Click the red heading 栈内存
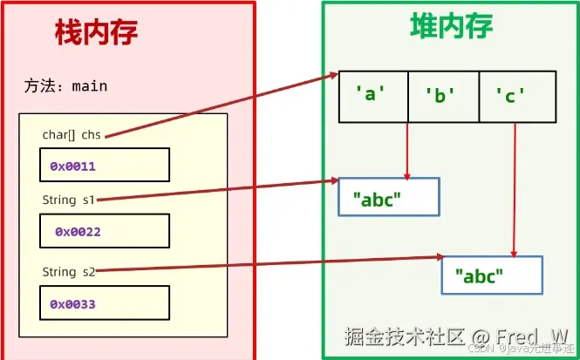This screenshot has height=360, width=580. (x=96, y=34)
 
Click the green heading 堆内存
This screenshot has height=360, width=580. (x=452, y=28)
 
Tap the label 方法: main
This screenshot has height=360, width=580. (x=66, y=87)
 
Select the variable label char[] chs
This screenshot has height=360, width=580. (x=72, y=135)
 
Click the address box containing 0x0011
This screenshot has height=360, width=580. (x=104, y=164)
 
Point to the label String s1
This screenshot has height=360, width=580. (x=69, y=200)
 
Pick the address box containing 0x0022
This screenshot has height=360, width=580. (x=104, y=232)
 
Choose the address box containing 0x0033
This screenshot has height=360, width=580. (x=104, y=304)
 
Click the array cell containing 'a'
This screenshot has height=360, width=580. (x=372, y=96)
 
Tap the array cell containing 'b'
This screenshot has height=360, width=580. (x=443, y=96)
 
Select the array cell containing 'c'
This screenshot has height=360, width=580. (x=515, y=96)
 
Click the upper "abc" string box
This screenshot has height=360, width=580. (x=388, y=198)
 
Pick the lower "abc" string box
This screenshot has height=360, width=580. (x=492, y=276)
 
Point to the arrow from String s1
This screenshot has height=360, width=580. (x=218, y=191)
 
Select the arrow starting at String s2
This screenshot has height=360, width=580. (x=262, y=264)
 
